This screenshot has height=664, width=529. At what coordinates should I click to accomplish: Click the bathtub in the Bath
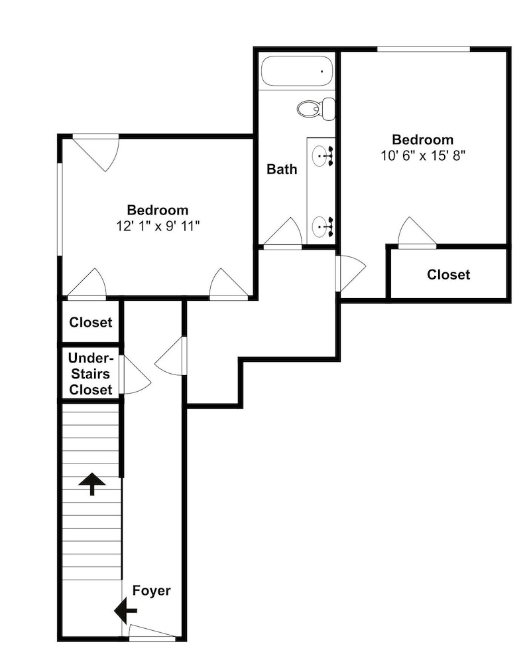297,71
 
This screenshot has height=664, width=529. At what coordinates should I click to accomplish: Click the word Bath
282,169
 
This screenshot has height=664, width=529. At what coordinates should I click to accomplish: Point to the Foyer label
151,591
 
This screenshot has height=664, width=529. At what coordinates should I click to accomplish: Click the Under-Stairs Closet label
91,374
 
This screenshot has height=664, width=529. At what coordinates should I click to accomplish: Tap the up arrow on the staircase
91,484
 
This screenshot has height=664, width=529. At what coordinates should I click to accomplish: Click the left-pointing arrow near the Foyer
125,611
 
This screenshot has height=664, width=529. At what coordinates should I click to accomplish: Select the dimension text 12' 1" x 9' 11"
158,226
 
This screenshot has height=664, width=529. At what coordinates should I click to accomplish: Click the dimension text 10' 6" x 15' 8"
423,155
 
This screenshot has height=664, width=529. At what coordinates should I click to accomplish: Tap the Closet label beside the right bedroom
448,274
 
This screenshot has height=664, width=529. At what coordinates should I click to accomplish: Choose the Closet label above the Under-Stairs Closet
91,322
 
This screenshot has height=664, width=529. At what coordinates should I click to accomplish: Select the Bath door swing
282,231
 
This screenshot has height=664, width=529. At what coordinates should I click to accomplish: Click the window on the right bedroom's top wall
424,50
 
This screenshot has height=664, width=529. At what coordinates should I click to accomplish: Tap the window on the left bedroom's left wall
60,209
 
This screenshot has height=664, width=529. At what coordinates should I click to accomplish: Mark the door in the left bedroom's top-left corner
96,153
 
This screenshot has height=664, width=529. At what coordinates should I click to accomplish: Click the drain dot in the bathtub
322,72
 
